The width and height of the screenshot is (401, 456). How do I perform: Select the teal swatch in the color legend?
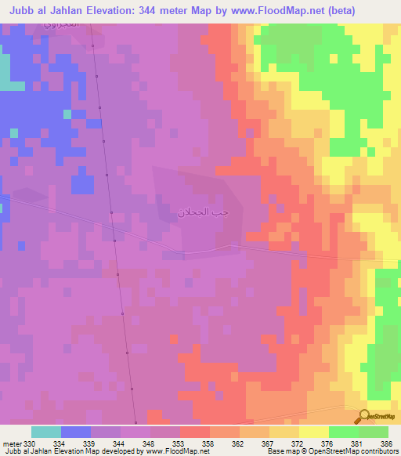point(46,432)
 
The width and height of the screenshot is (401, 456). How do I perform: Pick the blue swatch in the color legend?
point(76,432)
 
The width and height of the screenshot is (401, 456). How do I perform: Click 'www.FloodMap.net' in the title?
point(260,11)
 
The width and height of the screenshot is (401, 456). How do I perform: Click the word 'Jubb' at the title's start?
point(22,11)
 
